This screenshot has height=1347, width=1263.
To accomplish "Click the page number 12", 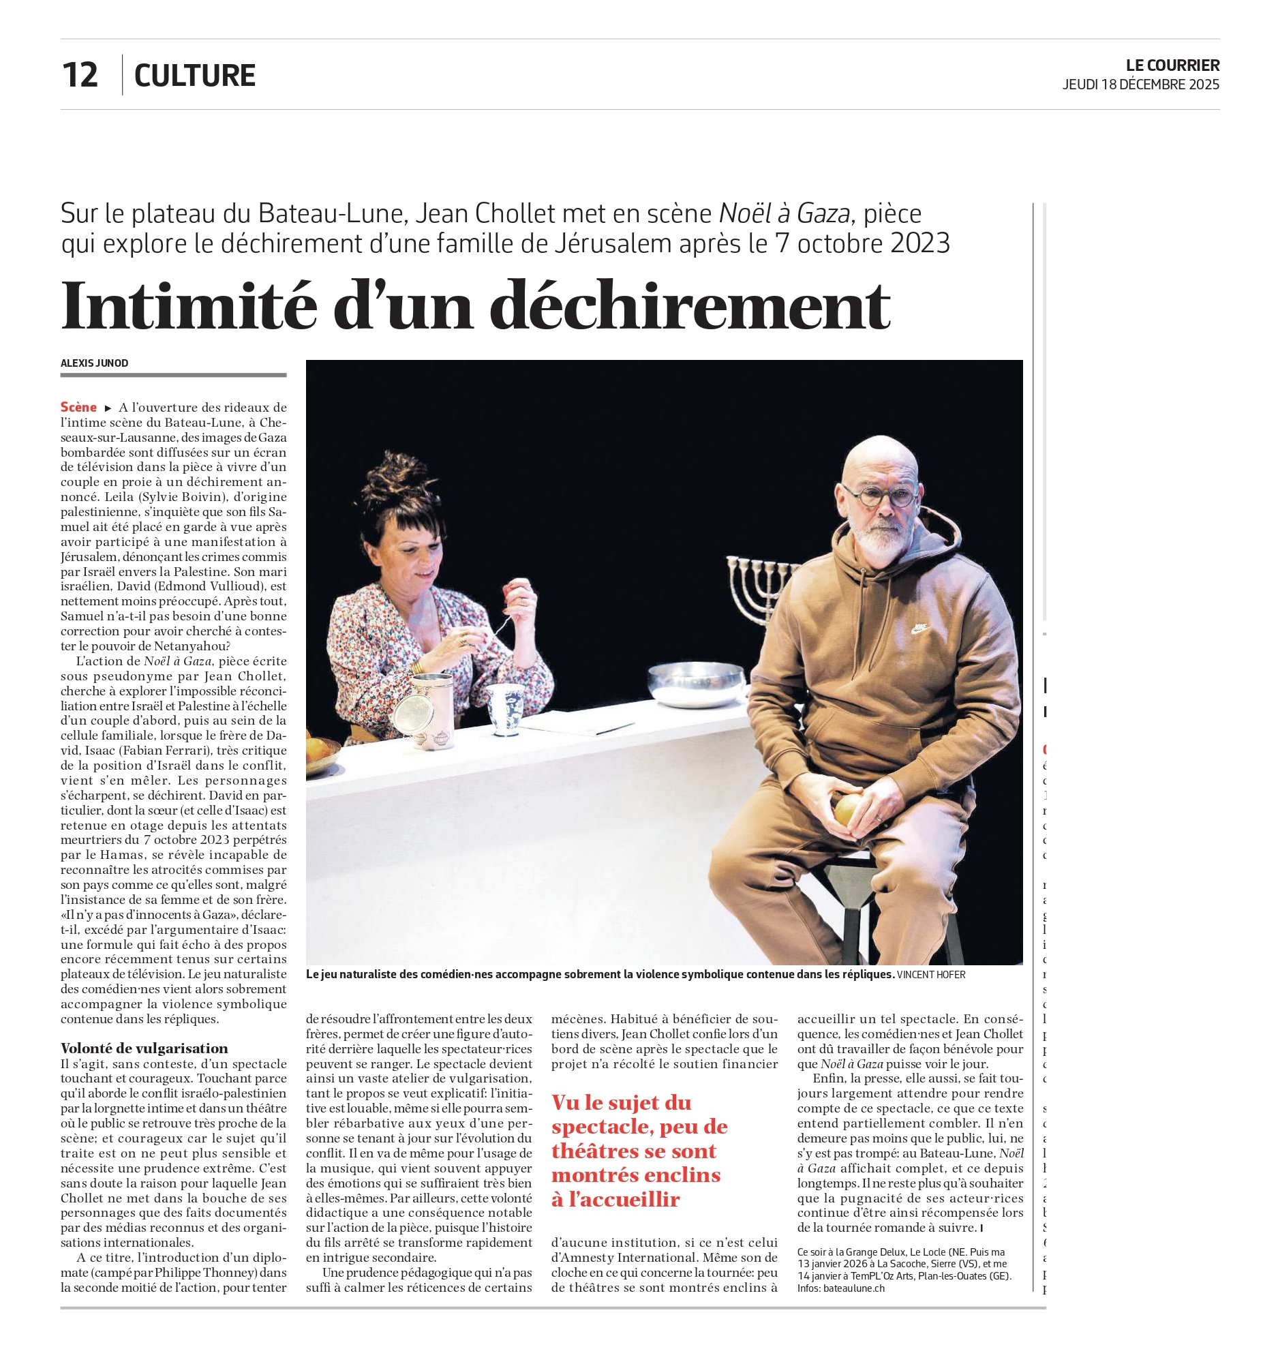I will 80,75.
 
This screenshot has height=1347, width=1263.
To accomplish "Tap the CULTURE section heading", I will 195,76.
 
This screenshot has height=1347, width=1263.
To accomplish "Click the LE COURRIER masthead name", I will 1172,65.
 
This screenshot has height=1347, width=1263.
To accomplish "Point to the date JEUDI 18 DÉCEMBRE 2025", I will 1140,85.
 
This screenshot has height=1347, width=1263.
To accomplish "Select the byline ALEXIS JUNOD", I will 94,363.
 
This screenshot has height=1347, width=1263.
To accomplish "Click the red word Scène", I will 78,407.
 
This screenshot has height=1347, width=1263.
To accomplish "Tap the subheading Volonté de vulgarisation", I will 144,1048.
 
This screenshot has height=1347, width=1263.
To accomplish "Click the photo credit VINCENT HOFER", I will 931,975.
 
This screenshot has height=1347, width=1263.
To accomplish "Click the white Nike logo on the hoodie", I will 921,629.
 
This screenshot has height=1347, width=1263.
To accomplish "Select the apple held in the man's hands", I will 847,811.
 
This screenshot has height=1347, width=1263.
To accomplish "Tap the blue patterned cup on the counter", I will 506,709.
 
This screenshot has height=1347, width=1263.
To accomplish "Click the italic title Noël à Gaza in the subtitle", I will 785,214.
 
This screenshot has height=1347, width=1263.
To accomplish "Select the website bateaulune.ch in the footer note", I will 854,1288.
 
